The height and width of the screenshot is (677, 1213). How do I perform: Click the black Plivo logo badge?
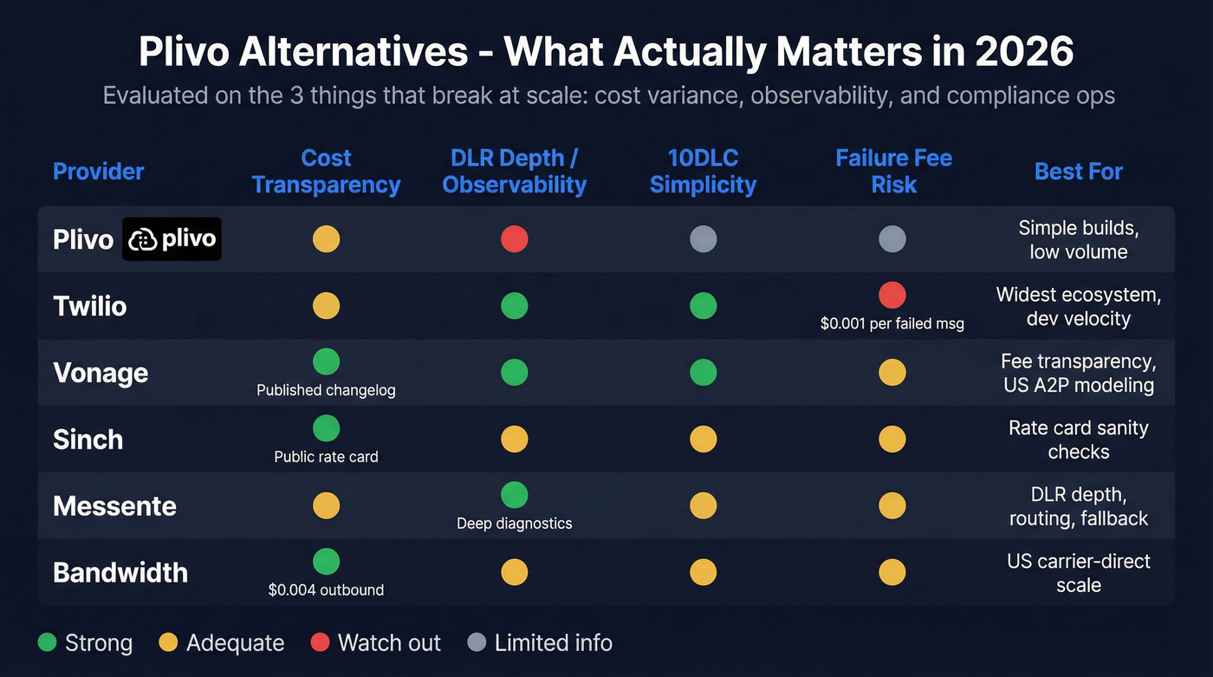[172, 239]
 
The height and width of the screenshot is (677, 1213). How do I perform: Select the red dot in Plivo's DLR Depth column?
[515, 239]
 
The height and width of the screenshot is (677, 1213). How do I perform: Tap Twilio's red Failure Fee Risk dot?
[892, 296]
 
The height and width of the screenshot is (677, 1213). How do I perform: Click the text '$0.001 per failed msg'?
[892, 323]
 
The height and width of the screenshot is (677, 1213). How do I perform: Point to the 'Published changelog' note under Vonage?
[326, 390]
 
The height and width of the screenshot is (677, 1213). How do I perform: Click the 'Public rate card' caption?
[326, 457]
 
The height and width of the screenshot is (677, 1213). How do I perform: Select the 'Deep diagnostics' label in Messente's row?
[515, 524]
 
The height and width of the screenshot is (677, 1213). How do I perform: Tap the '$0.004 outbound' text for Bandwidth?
[326, 590]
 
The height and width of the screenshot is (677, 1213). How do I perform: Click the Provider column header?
[99, 172]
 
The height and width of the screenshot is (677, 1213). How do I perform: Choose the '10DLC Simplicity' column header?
[703, 172]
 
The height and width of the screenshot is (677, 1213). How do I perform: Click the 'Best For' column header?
[1078, 172]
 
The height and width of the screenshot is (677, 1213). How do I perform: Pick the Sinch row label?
[88, 439]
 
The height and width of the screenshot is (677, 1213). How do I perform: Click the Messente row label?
[114, 506]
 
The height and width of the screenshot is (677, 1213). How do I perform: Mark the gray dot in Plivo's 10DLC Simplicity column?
[703, 239]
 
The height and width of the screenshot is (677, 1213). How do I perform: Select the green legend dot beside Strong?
[49, 643]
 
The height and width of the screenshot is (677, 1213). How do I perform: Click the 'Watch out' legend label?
[389, 643]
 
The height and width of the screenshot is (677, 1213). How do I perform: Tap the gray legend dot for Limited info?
[477, 643]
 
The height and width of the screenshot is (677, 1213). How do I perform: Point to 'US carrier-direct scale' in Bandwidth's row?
[1078, 573]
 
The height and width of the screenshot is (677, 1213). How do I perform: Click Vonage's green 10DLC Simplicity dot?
[703, 373]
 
